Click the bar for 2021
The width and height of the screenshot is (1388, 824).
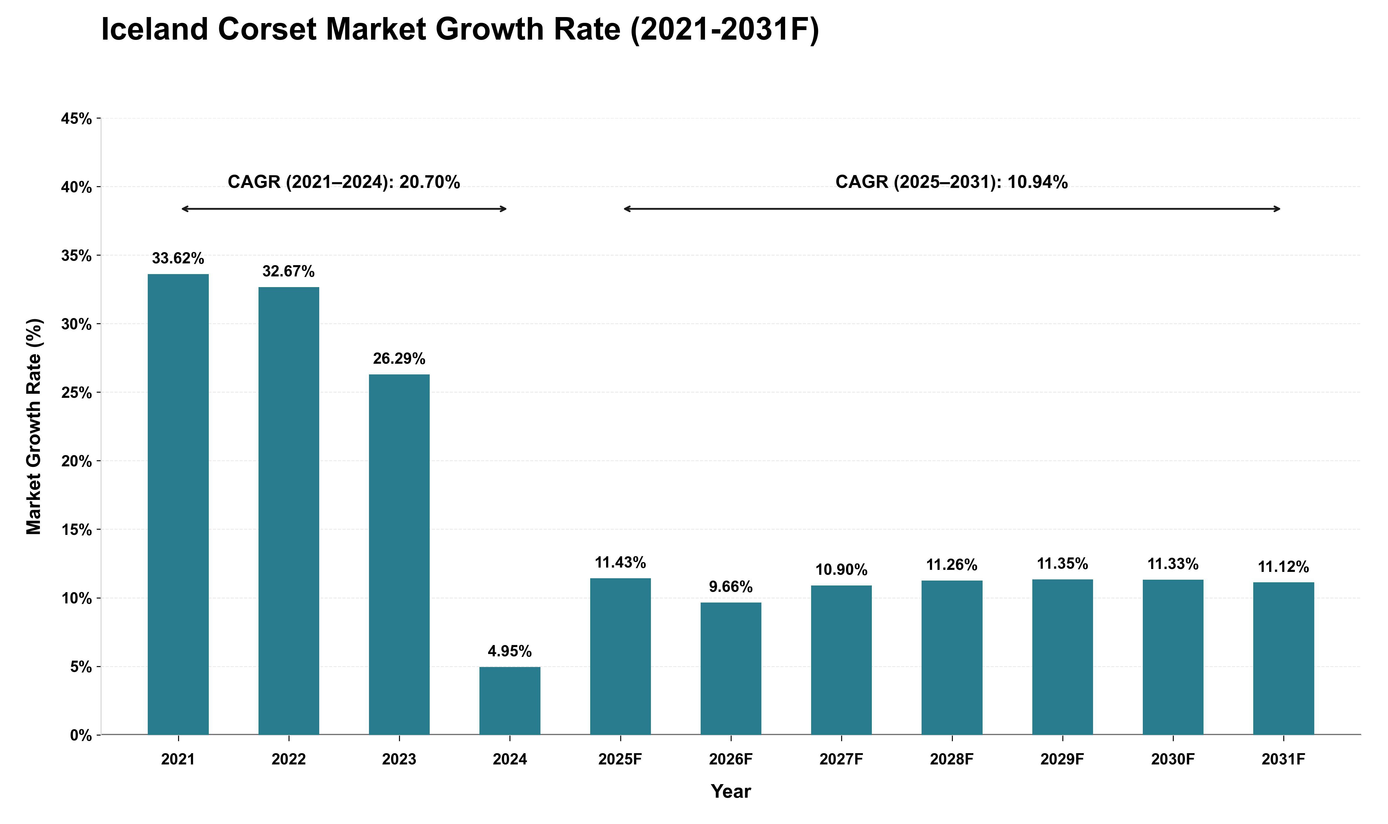[x=178, y=504]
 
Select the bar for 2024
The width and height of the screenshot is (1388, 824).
[x=510, y=701]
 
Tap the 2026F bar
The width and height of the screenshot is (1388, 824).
[x=731, y=668]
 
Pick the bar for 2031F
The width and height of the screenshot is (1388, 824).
[x=1284, y=659]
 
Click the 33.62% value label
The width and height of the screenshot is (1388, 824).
[x=178, y=258]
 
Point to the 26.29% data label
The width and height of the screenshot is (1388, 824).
[x=399, y=359]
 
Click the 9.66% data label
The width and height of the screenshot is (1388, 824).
[x=731, y=587]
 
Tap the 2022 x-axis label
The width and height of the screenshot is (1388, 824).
[x=289, y=759]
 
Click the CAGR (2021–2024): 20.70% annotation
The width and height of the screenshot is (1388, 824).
[x=344, y=182]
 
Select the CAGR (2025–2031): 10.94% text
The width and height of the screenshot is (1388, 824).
[x=952, y=182]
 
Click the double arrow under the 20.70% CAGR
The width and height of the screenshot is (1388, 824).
[x=344, y=209]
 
